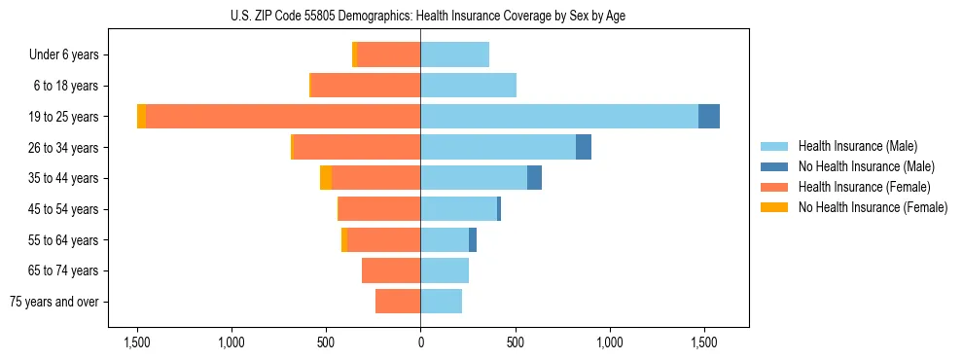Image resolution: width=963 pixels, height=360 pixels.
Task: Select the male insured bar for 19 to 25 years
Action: pos(559,117)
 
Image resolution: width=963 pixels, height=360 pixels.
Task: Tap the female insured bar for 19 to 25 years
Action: pos(283,117)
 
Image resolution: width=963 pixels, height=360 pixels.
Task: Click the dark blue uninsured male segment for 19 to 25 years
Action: pos(709,117)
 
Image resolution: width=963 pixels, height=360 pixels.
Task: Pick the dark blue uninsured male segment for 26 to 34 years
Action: pos(584,147)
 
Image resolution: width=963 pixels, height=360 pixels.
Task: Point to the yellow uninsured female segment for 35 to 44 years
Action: pos(326,178)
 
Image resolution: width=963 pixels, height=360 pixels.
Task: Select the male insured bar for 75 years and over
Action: pos(442,302)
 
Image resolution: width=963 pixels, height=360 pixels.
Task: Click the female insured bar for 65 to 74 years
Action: pos(391,270)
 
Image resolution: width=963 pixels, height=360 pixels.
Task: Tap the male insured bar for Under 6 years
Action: pos(455,54)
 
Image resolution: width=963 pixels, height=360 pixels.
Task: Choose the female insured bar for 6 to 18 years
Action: pos(366,86)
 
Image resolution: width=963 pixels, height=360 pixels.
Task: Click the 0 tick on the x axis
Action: pos(420,342)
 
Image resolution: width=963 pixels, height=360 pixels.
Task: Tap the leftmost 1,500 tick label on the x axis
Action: pos(137,342)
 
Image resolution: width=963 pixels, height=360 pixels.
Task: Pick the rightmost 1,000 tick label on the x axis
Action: pos(610,342)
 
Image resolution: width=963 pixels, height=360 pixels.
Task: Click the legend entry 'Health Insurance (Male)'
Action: pos(857,146)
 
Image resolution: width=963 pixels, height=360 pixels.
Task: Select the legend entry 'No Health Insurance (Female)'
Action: pos(873,207)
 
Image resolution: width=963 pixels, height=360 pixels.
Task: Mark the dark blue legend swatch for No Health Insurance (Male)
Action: pos(774,166)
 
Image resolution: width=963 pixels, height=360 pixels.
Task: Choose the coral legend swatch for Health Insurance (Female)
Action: pos(774,187)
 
